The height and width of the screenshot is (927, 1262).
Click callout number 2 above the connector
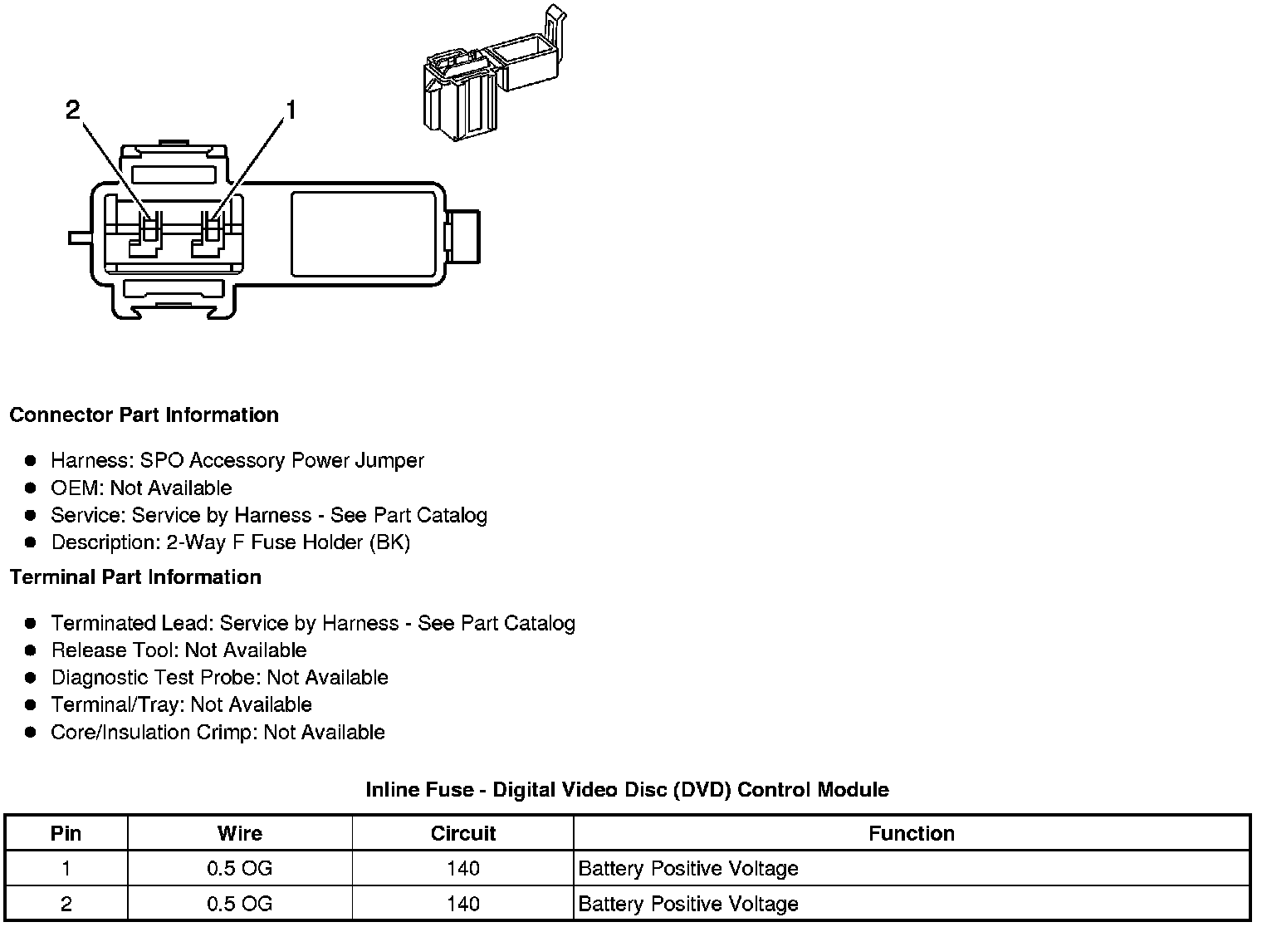click(73, 110)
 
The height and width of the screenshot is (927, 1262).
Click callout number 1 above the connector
click(290, 110)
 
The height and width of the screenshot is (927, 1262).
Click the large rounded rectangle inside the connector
click(364, 234)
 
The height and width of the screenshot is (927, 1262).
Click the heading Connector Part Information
click(144, 415)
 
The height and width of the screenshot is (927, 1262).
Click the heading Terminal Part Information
click(135, 577)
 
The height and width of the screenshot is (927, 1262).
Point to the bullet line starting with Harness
click(237, 461)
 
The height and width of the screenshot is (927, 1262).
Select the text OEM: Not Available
click(141, 488)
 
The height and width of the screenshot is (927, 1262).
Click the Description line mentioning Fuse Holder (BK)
click(231, 542)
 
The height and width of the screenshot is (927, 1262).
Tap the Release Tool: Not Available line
click(179, 650)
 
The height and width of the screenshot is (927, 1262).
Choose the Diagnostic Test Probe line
click(219, 678)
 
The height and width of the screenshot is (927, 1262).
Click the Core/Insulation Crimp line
click(218, 733)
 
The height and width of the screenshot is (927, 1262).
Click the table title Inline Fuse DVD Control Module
click(627, 790)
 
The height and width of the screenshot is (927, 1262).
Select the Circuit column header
click(462, 833)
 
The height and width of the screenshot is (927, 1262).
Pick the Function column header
click(911, 833)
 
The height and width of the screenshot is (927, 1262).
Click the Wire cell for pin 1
click(239, 869)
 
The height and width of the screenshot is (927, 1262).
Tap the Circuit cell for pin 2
click(462, 904)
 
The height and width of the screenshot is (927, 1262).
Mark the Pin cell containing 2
click(66, 904)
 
